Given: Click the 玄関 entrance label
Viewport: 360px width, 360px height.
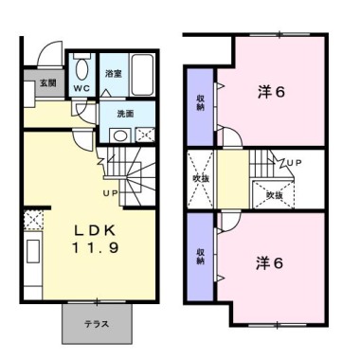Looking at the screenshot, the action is [48, 83].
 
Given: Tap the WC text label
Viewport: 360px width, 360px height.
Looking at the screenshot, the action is [81, 88].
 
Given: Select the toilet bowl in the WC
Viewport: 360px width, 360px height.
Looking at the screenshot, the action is [82, 70].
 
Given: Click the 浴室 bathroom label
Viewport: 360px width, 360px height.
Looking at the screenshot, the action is [114, 74].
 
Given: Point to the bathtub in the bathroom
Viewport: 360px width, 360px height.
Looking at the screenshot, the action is [142, 75].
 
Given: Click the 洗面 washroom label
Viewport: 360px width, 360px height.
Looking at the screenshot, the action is [125, 114].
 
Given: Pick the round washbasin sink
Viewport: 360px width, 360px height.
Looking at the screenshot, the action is [120, 136].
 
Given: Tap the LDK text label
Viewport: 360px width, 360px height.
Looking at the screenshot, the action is [95, 231].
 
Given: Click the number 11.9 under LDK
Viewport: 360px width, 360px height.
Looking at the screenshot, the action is [96, 247].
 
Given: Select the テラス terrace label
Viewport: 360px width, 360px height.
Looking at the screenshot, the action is [97, 324].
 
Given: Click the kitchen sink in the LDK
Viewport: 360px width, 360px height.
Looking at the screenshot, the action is [33, 251].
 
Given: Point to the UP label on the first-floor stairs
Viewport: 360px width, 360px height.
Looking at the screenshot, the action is [111, 193].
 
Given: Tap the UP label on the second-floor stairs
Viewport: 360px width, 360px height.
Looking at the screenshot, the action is [295, 163].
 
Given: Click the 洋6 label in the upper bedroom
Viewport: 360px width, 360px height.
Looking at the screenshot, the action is [272, 92].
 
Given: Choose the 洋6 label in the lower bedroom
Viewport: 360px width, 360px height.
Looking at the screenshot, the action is [269, 263].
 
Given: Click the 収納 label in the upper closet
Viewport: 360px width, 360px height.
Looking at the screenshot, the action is [201, 102].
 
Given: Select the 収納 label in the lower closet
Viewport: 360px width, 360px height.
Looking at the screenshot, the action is [200, 256].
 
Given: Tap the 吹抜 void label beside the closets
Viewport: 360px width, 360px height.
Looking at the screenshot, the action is [201, 178].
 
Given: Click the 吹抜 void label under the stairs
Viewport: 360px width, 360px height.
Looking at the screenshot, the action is [274, 195].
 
